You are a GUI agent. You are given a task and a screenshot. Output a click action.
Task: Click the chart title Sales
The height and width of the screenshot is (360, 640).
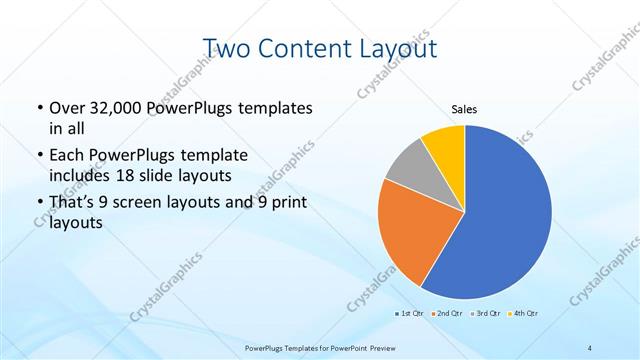pos(465,109)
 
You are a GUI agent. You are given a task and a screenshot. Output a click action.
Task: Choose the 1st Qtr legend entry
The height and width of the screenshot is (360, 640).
pos(408,314)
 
